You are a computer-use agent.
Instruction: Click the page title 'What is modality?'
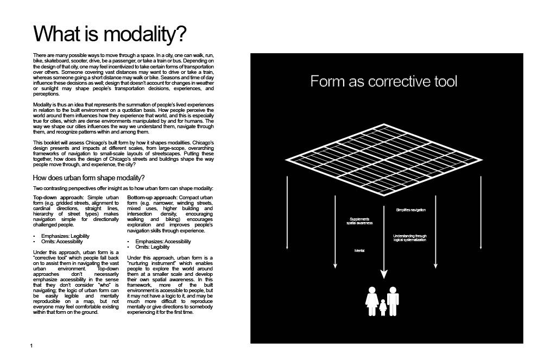click(x=110, y=34)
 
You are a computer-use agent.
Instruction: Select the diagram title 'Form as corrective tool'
click(x=384, y=81)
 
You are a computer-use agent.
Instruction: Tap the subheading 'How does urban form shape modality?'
click(x=89, y=178)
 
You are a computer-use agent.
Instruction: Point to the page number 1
click(x=32, y=346)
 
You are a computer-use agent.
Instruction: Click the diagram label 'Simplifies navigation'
click(x=411, y=210)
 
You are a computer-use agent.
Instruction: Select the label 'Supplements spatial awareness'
click(x=359, y=222)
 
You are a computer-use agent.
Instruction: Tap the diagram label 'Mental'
click(x=359, y=250)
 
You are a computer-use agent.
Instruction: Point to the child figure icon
click(x=383, y=307)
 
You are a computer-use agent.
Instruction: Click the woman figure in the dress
click(x=372, y=301)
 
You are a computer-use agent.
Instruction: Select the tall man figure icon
click(x=393, y=300)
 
